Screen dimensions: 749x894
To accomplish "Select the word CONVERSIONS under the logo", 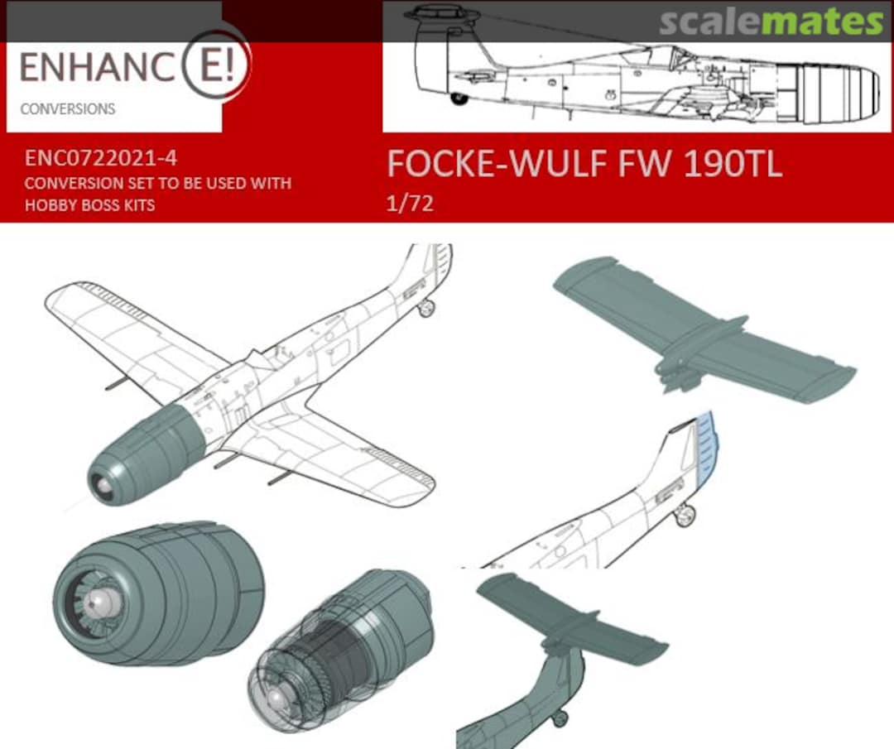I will pyautogui.click(x=68, y=109).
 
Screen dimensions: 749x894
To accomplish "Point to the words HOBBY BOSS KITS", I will pyautogui.click(x=89, y=204).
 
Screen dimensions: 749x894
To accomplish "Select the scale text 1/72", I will pyautogui.click(x=410, y=204).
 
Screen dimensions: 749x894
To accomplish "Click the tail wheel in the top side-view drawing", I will pyautogui.click(x=458, y=98).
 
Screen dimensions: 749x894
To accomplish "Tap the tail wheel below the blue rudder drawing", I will pyautogui.click(x=685, y=516).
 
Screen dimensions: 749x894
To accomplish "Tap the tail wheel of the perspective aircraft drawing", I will pyautogui.click(x=426, y=309).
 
